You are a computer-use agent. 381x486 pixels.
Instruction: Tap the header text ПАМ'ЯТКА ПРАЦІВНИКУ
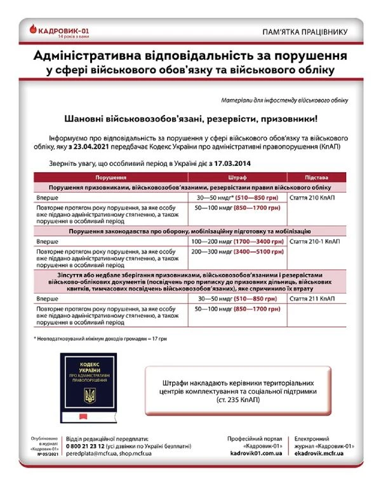coord(305,31)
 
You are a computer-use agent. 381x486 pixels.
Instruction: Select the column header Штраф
coord(237,179)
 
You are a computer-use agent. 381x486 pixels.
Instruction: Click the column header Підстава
coord(316,179)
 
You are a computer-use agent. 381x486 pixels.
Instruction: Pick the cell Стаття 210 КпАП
coord(312,198)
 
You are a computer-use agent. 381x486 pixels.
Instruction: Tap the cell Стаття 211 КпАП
coord(312,298)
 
